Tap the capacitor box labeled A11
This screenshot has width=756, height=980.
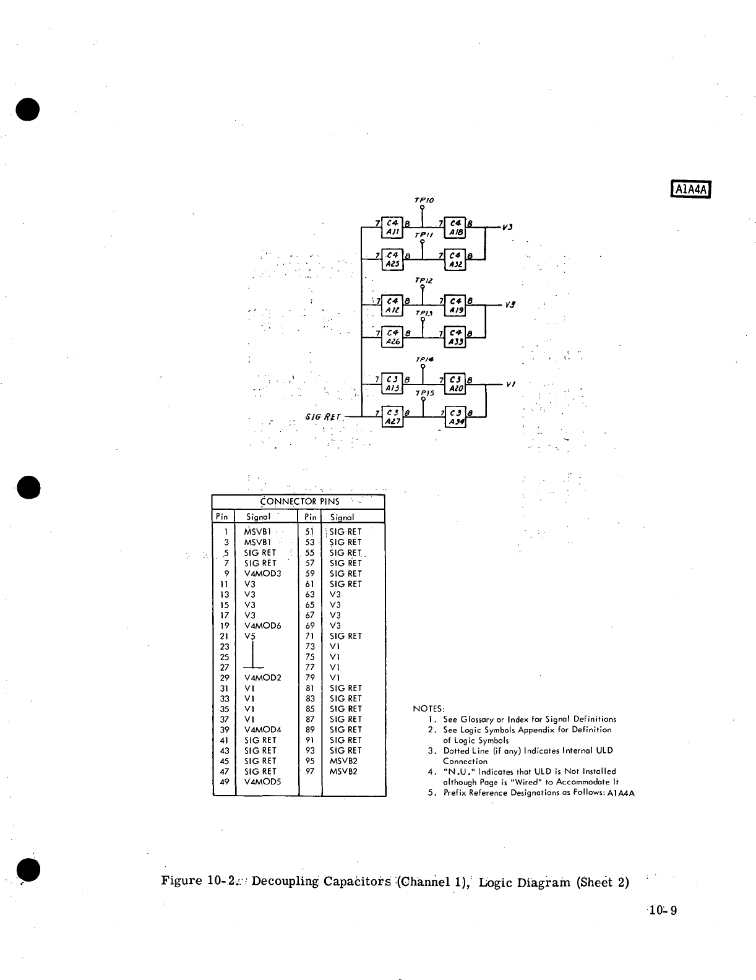click(x=393, y=226)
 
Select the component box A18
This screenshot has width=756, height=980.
click(x=456, y=226)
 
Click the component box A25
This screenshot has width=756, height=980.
click(x=393, y=260)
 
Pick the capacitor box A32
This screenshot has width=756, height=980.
click(x=456, y=260)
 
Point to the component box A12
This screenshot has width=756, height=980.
click(x=393, y=305)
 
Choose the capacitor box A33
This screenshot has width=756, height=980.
click(x=456, y=338)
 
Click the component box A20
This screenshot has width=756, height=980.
click(x=456, y=383)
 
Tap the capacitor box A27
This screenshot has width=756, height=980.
click(x=393, y=416)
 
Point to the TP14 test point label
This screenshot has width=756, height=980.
click(x=423, y=359)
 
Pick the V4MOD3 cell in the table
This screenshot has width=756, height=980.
click(x=262, y=574)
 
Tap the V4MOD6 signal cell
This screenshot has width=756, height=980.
click(x=262, y=625)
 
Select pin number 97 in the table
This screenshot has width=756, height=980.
click(x=310, y=772)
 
